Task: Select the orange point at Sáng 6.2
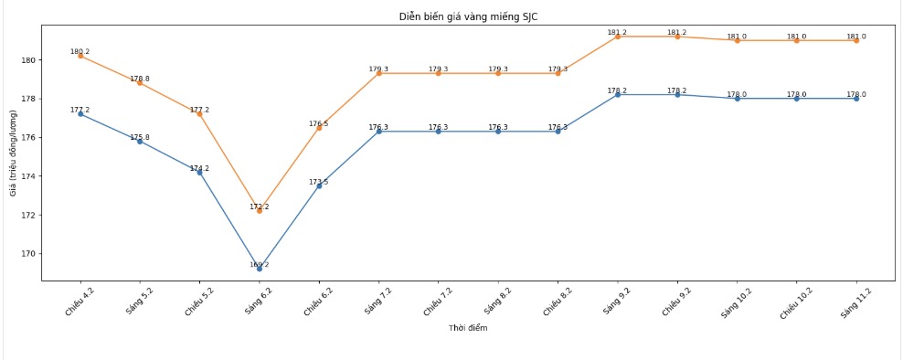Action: (x=260, y=210)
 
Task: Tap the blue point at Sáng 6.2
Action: (x=260, y=269)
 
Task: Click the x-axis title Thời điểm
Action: (x=468, y=328)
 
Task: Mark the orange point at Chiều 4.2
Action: (x=80, y=56)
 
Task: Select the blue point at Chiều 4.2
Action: (x=80, y=114)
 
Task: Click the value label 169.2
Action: (x=260, y=265)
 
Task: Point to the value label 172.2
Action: (x=260, y=206)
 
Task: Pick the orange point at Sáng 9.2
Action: (x=618, y=37)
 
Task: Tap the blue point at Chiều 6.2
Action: (x=319, y=185)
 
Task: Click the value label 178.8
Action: (x=140, y=79)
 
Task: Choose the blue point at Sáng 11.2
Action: (x=856, y=99)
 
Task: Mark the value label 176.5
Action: (x=319, y=123)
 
